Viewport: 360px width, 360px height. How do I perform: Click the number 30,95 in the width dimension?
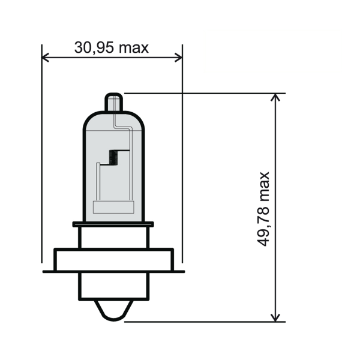point(94,47)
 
